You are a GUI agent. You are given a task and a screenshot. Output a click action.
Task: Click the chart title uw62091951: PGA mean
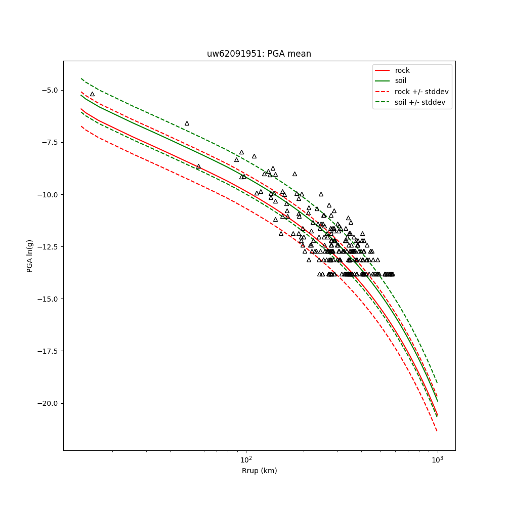coord(259,54)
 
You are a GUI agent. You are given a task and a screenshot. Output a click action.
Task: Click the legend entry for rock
coord(402,70)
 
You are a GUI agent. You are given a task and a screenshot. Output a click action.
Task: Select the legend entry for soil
coord(400,80)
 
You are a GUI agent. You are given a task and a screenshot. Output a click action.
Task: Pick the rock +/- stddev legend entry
coord(421,92)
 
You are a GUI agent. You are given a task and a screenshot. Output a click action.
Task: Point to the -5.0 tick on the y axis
coord(50,90)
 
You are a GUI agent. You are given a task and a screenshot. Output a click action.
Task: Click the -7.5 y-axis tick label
coord(50,142)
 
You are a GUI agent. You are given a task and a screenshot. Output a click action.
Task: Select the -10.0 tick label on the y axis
coord(49,194)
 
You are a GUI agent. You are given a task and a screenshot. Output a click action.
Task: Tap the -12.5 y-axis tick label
coord(49,247)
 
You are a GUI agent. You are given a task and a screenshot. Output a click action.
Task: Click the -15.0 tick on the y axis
coord(49,299)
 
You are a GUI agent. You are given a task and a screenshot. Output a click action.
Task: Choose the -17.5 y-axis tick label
coord(49,351)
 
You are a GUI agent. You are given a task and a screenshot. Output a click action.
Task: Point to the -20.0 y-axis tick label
coord(49,403)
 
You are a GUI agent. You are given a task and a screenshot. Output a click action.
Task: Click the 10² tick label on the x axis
coord(246,459)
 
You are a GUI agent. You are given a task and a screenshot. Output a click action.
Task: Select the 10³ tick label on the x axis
coord(437,459)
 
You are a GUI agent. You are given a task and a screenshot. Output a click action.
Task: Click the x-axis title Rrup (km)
coord(259,471)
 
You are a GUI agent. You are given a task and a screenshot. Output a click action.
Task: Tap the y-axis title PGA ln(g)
coord(30,256)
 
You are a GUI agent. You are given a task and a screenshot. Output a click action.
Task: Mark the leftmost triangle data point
coord(92,94)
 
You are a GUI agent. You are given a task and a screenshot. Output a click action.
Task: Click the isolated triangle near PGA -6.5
coord(187,123)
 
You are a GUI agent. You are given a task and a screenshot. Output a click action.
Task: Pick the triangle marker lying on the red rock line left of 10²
coord(198,166)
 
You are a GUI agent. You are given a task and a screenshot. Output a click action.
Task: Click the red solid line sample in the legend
coord(383,70)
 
